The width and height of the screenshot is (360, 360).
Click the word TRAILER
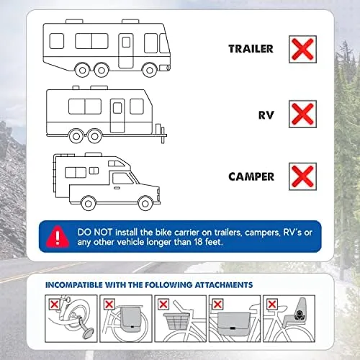[x=251, y=49]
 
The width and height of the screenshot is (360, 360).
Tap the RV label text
[x=266, y=115]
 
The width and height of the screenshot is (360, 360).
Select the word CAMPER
[x=251, y=177]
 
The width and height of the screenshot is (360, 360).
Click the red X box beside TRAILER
[x=302, y=50]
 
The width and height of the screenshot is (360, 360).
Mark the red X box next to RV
[x=302, y=114]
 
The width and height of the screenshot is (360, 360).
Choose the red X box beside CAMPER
[x=302, y=176]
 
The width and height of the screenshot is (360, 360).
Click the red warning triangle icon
[x=58, y=236]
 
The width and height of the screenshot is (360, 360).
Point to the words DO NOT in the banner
[x=95, y=233]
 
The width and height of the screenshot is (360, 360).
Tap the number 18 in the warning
[x=198, y=242]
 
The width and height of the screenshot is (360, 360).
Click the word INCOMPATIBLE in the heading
[x=74, y=285]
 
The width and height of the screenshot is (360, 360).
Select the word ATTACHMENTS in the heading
[x=224, y=285]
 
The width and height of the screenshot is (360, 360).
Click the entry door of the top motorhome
[x=126, y=50]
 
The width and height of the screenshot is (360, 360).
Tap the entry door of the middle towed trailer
[x=117, y=116]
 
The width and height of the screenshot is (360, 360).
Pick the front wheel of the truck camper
[x=145, y=204]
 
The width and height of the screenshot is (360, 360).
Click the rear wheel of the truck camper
[x=89, y=204]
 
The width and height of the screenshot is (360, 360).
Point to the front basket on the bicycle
[x=176, y=321]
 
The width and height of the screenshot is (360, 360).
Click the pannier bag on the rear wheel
[x=131, y=319]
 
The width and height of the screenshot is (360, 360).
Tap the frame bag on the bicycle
[x=233, y=323]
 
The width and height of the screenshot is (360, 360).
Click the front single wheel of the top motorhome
[x=150, y=70]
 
